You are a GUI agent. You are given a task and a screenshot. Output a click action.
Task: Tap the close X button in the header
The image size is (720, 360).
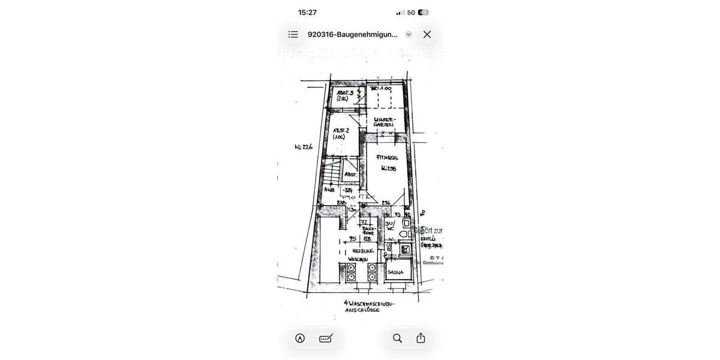[x=427, y=35]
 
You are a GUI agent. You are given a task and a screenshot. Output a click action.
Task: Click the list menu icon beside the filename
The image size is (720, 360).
[x=293, y=35]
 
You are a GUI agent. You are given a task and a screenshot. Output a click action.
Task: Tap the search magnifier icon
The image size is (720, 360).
[x=397, y=338]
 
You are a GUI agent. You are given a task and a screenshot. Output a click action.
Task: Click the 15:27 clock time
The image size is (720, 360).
[x=307, y=13]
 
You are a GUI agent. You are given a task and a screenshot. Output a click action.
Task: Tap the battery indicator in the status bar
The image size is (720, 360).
[x=424, y=13]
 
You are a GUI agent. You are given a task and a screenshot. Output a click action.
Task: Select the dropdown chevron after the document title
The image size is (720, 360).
[x=409, y=35]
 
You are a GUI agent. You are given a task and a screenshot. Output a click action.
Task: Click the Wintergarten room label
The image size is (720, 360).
[x=383, y=122]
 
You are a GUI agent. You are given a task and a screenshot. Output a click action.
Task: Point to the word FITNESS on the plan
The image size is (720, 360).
[x=387, y=158]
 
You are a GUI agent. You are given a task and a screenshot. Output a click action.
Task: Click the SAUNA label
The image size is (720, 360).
[x=395, y=272]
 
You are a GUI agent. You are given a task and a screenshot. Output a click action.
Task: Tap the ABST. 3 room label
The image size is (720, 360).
[x=344, y=95]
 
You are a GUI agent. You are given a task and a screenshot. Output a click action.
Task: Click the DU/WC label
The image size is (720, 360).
[x=389, y=226]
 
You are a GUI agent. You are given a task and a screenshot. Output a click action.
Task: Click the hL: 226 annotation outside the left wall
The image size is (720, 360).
[x=304, y=147]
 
